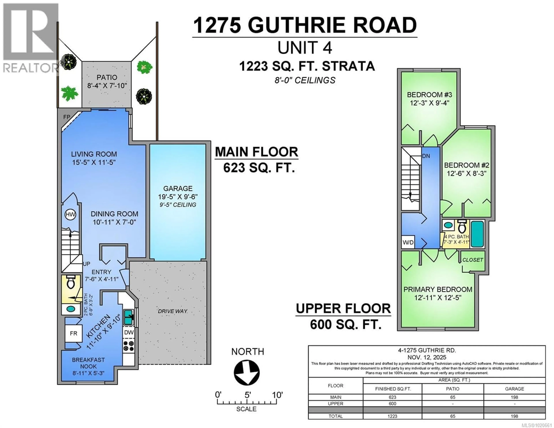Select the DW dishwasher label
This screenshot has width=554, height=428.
[129, 332]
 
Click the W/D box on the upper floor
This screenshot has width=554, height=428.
[408, 242]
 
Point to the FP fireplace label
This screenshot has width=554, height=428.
[67, 117]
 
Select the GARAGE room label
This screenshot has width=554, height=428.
[178, 189]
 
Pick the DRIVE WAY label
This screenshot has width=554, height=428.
[173, 311]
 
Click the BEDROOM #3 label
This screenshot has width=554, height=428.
[429, 95]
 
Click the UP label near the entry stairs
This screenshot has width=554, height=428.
[87, 264]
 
